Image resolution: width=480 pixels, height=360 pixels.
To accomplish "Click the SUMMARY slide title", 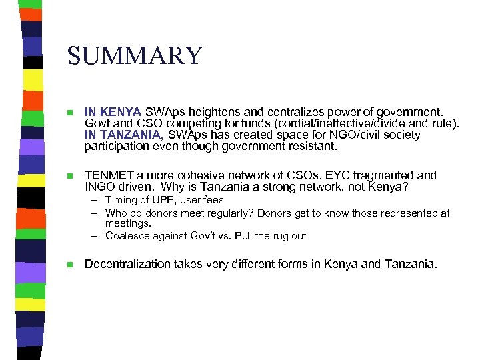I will point(134,55).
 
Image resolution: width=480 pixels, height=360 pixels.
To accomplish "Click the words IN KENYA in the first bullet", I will point(113,111).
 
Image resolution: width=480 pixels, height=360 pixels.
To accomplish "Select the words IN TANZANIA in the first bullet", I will point(123,135).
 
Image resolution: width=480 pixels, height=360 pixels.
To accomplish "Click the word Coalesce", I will point(127,236).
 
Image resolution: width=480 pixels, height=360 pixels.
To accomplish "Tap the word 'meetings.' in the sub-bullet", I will point(126,224).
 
